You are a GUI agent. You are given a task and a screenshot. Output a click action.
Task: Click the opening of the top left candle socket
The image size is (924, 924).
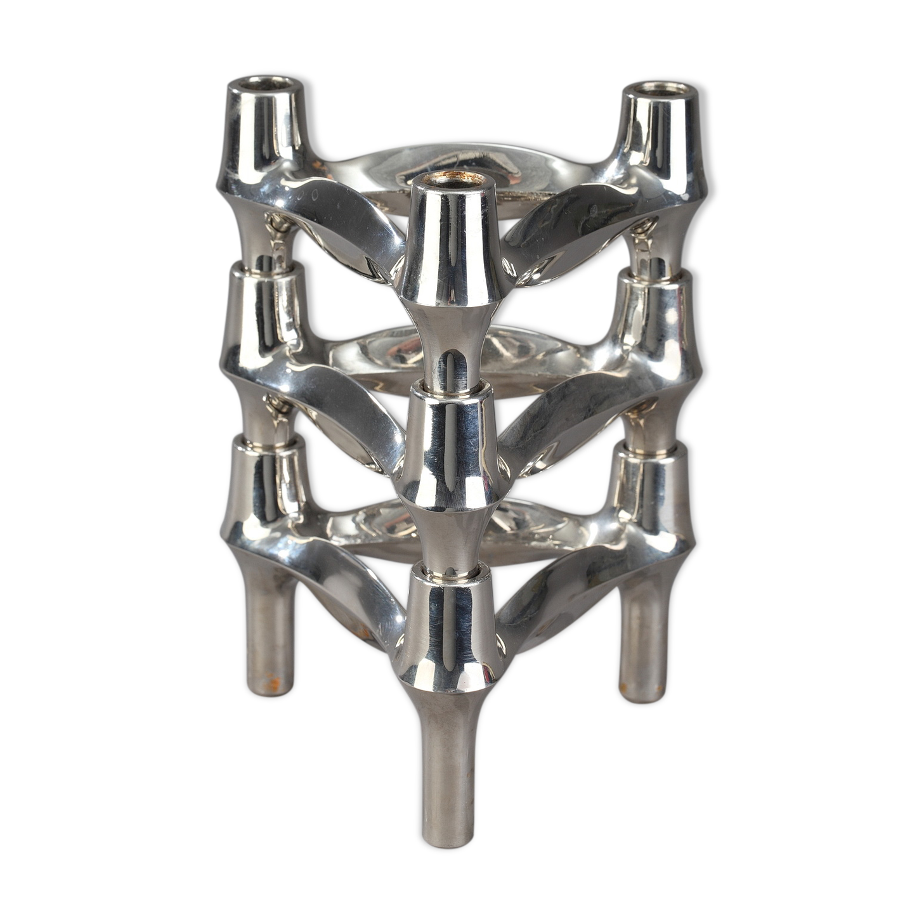(x=263, y=84)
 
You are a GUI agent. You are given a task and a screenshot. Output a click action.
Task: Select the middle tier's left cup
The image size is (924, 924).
(x=261, y=311)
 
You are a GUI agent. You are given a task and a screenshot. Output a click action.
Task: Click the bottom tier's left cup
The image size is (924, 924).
(x=260, y=482)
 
